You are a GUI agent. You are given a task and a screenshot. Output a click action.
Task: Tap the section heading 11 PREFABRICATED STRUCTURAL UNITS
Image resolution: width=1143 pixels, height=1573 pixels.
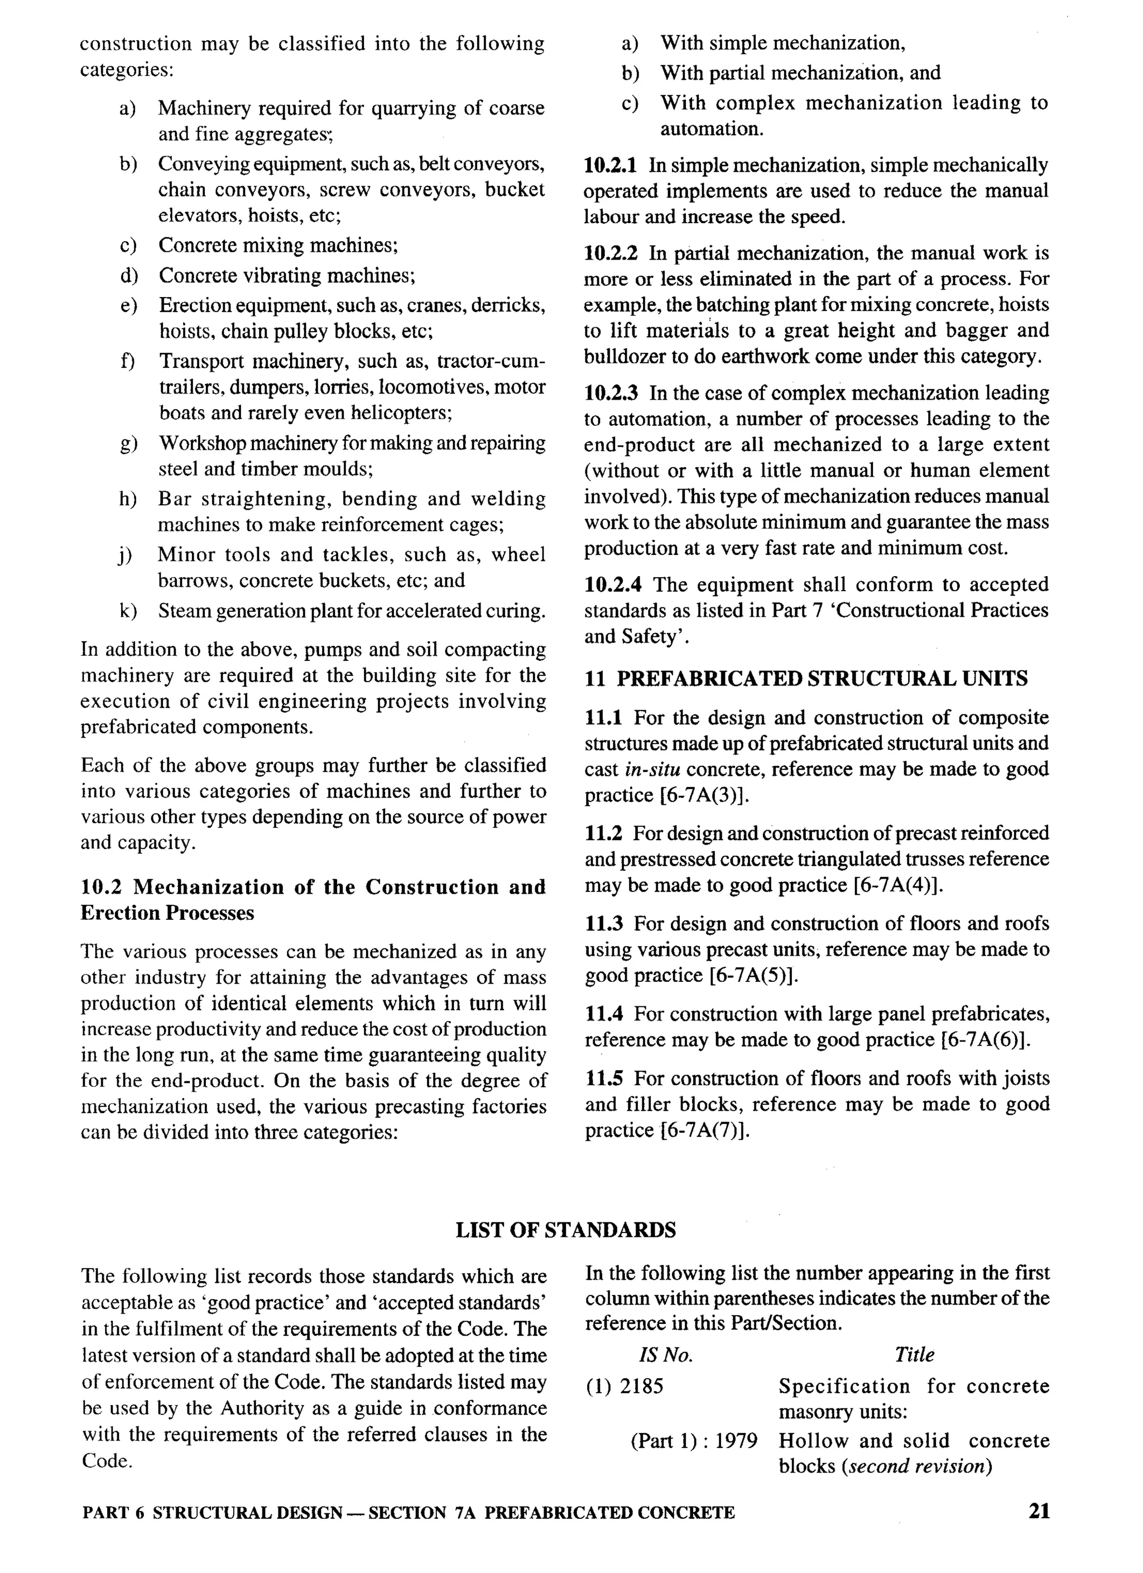click(x=806, y=678)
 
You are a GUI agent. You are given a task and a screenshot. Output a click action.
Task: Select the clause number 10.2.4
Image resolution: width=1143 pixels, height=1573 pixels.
click(x=612, y=584)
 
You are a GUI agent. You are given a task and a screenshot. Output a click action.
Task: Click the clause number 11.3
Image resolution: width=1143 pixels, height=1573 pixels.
click(x=604, y=924)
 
